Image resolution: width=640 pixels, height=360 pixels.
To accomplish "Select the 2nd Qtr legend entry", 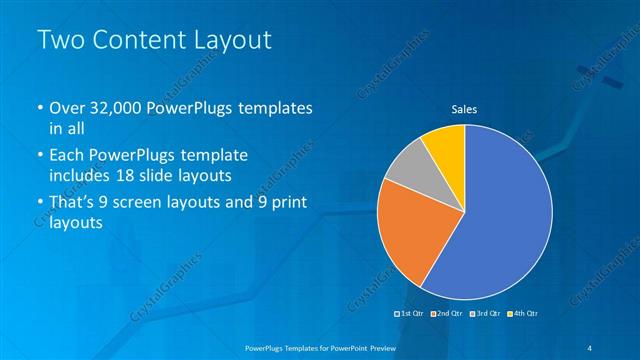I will pyautogui.click(x=448, y=315).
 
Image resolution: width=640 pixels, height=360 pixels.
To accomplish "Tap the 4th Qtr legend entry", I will pyautogui.click(x=524, y=315).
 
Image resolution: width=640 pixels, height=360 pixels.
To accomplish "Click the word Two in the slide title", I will pyautogui.click(x=58, y=40).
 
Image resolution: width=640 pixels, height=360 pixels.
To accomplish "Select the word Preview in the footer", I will pyautogui.click(x=383, y=347).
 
